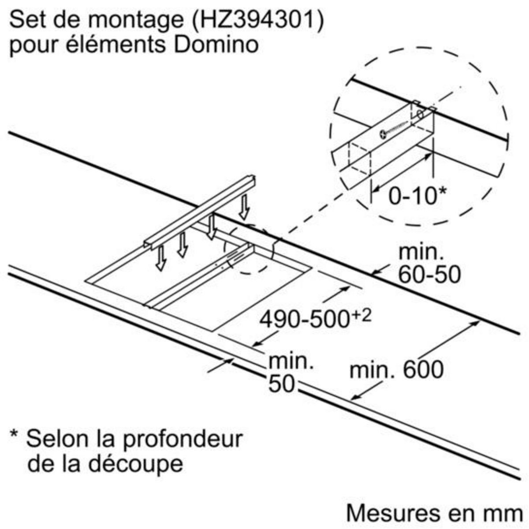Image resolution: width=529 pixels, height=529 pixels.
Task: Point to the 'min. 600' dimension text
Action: [396, 369]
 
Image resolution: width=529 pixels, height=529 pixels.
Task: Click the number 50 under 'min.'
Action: [281, 385]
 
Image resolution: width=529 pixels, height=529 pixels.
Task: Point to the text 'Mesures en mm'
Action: [434, 513]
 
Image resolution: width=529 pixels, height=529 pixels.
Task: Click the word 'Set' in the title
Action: [28, 21]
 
